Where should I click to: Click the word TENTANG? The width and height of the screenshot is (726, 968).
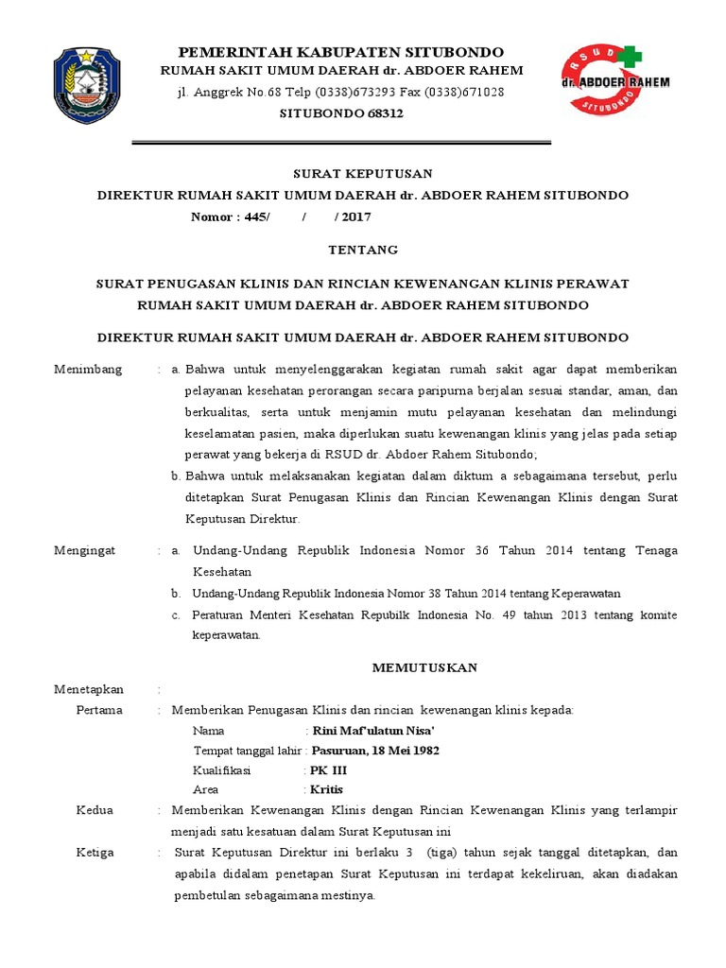pyautogui.click(x=363, y=251)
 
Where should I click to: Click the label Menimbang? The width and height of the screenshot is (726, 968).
pyautogui.click(x=88, y=370)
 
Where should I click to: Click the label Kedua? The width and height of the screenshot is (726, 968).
pyautogui.click(x=95, y=811)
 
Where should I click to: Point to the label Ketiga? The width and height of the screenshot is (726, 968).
pyautogui.click(x=95, y=853)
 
